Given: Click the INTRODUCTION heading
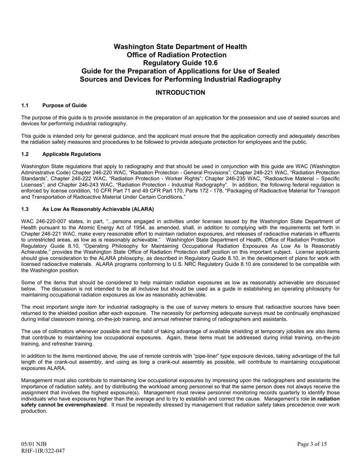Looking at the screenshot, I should pos(180,92).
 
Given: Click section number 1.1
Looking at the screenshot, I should pos(25,105).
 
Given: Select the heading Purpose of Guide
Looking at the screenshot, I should pos(65,105).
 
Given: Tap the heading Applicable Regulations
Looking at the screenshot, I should pos(71,154).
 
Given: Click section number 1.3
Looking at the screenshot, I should pos(25,209).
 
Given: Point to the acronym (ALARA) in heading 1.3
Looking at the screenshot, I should pos(141,209).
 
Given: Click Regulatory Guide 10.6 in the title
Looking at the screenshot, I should pos(180,63).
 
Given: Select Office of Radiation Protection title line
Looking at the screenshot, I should pos(180,55).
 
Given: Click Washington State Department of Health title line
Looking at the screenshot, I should pos(180,47).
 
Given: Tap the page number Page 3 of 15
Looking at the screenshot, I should pos(312,444).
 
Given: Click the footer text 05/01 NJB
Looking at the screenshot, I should pos(34,444).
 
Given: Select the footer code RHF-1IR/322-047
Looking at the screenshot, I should pos(43,451).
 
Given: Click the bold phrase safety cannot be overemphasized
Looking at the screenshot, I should pos(64,405).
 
